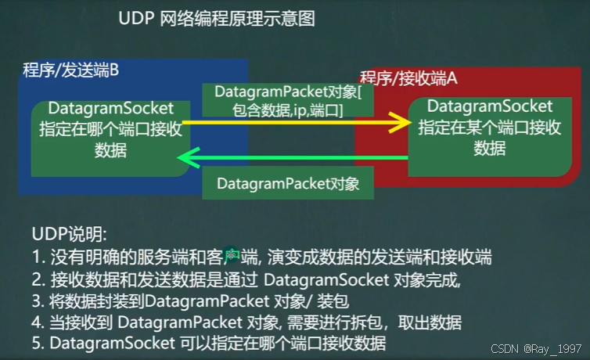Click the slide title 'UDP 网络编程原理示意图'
pyautogui.click(x=216, y=20)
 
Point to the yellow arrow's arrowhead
pyautogui.click(x=402, y=122)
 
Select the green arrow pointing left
pyautogui.click(x=297, y=159)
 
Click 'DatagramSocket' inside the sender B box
pyautogui.click(x=111, y=108)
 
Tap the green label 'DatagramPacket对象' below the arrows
pyautogui.click(x=288, y=184)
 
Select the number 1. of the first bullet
pyautogui.click(x=38, y=255)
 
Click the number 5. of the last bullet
pyautogui.click(x=38, y=343)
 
